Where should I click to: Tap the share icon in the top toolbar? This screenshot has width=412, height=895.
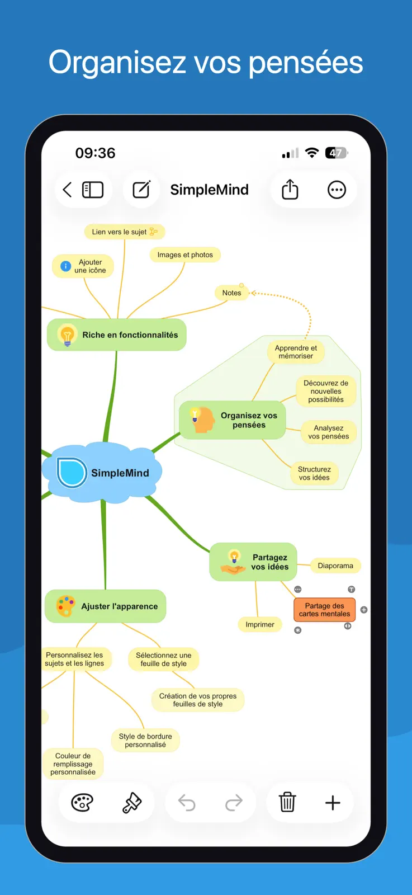290,189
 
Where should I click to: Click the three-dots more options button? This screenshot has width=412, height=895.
337,190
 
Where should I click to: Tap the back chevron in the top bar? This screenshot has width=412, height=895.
67,190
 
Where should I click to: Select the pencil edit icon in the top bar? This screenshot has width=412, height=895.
141,190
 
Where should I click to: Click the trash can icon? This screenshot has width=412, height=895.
287,802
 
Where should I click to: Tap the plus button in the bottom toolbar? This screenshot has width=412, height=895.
333,802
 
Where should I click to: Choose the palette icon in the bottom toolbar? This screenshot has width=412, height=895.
82,802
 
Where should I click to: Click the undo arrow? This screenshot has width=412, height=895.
187,802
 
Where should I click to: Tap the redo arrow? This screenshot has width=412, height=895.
234,802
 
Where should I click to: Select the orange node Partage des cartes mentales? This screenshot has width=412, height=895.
324,610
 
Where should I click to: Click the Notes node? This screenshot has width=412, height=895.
231,293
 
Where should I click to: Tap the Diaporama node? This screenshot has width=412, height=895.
335,566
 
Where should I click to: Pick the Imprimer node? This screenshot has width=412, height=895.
260,624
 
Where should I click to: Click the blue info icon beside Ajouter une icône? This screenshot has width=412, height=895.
65,266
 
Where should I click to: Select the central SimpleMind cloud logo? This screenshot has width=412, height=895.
72,473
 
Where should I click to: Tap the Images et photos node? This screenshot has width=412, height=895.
185,255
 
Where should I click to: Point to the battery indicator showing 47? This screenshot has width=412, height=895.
336,153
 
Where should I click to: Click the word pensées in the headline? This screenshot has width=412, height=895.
306,63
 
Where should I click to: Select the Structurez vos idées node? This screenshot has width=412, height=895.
314,473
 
